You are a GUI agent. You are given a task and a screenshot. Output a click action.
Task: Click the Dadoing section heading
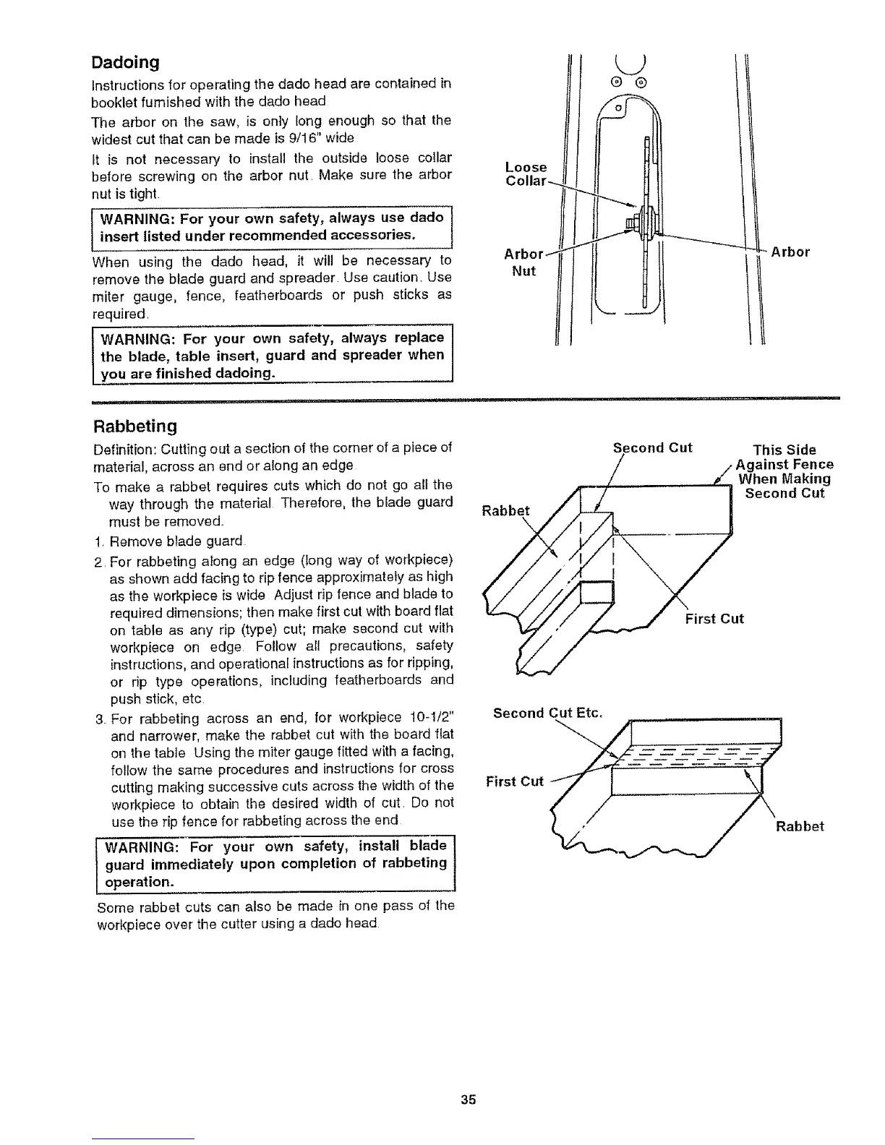point(124,62)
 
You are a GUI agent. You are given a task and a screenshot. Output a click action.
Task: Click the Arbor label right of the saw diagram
point(790,252)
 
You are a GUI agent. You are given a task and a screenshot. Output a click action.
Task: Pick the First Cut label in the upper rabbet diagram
point(714,619)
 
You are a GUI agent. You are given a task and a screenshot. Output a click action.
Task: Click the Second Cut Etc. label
point(547,713)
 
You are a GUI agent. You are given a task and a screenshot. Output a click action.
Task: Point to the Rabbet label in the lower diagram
point(800,827)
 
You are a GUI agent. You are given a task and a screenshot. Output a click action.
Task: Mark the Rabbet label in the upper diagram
point(505,510)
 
